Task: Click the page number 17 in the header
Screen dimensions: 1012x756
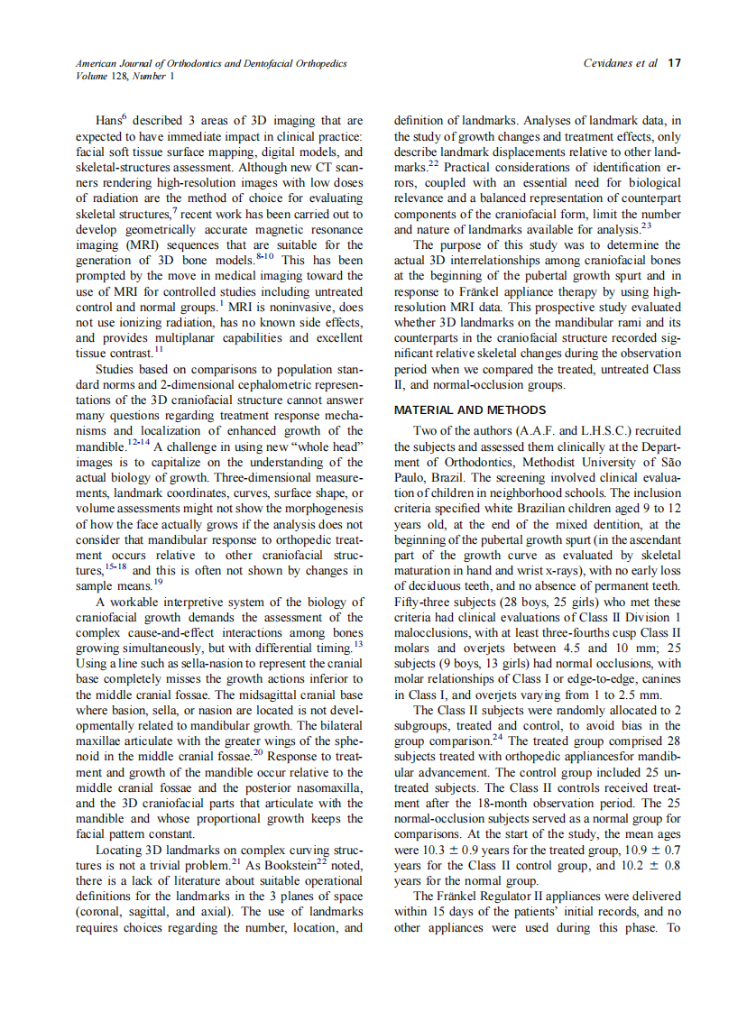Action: coord(674,63)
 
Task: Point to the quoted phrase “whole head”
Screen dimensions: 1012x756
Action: coord(327,446)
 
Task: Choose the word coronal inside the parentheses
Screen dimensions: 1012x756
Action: coord(100,911)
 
